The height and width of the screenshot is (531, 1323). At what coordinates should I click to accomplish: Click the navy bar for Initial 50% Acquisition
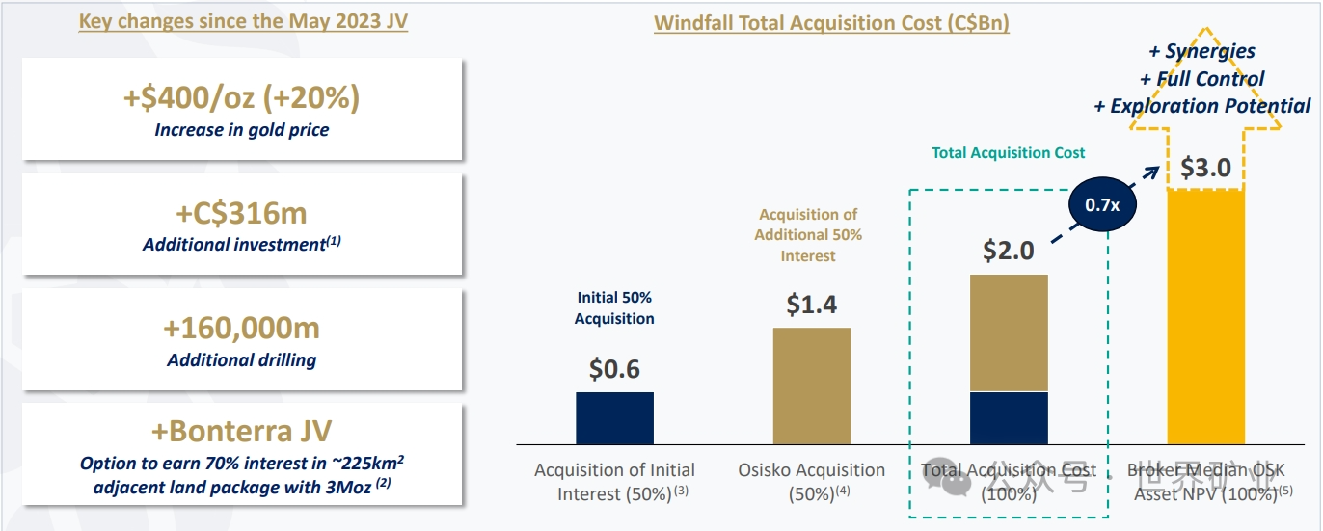614,417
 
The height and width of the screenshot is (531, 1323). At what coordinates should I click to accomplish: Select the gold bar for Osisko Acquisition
811,385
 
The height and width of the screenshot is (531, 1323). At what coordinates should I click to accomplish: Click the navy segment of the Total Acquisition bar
1009,417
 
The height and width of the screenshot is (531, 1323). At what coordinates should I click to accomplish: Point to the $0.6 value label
614,369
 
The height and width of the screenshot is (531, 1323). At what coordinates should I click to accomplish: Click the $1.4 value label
811,305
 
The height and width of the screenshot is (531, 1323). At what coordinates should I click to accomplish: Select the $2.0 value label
1009,251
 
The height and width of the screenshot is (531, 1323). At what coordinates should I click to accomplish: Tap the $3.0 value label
1205,168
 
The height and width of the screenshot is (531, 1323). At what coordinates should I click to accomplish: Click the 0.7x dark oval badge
1103,205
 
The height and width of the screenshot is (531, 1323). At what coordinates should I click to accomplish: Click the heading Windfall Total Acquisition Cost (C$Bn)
831,23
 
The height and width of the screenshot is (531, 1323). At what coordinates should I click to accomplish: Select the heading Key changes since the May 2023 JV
243,21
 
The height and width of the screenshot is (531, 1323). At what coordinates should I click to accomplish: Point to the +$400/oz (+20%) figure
241,97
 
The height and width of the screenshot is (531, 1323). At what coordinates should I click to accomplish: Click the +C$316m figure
241,213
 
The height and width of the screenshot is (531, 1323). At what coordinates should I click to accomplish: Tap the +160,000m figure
241,328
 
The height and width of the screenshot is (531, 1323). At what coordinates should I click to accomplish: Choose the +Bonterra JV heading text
241,431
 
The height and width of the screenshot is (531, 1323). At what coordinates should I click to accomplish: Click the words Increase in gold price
241,129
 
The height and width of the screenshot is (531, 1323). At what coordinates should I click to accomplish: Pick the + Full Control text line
1201,79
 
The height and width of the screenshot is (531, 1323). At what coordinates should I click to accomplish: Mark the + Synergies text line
1201,52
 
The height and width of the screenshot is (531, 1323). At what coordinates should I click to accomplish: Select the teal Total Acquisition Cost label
1008,152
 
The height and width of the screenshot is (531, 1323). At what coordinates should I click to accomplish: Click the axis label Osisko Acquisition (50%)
811,481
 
